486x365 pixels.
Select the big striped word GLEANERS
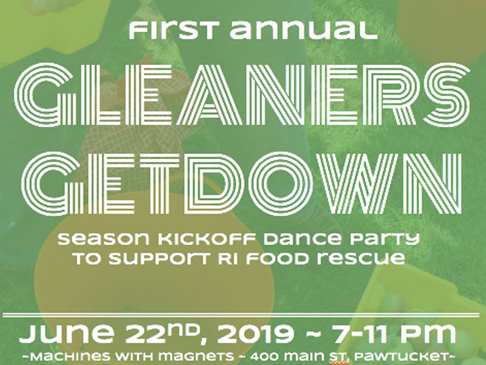(x=242, y=95)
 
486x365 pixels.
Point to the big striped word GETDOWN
(x=242, y=183)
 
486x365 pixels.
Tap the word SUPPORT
(x=159, y=259)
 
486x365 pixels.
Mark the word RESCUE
(x=361, y=259)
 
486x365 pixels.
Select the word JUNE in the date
(x=67, y=333)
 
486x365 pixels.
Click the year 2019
(x=255, y=334)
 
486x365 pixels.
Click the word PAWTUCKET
(x=401, y=356)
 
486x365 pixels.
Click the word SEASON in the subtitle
(x=104, y=239)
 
